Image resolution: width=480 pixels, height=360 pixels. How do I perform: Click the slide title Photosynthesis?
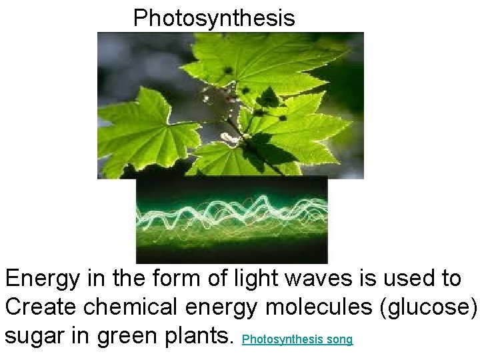pyautogui.click(x=213, y=18)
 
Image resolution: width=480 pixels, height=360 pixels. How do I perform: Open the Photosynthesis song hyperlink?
pyautogui.click(x=297, y=339)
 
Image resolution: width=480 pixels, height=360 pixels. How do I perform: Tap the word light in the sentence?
pyautogui.click(x=254, y=278)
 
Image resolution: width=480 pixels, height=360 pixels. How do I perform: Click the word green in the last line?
pyautogui.click(x=124, y=336)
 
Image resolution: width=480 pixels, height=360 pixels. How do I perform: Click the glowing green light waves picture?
pyautogui.click(x=231, y=220)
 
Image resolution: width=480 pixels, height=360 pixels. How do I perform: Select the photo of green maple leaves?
pyautogui.click(x=230, y=105)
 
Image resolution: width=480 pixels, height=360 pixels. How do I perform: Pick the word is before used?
pyautogui.click(x=364, y=278)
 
